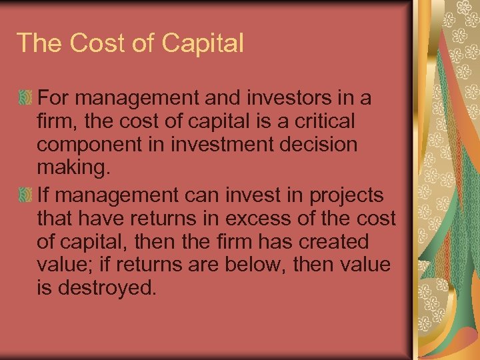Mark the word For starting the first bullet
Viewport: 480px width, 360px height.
click(x=53, y=98)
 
